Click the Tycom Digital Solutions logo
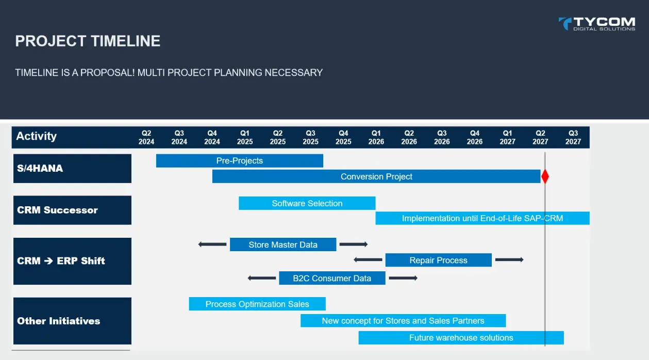click(597, 24)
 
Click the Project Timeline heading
click(88, 41)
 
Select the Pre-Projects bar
click(239, 161)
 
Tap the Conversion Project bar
click(376, 176)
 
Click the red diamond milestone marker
click(545, 176)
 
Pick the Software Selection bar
click(307, 203)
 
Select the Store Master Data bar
click(282, 244)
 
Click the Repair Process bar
click(438, 260)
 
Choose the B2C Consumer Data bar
click(332, 278)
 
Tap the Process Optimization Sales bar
click(257, 304)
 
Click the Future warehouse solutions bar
click(461, 338)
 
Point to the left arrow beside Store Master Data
click(212, 244)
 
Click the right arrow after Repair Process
click(509, 260)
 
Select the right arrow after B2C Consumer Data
click(403, 278)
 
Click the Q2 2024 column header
click(146, 137)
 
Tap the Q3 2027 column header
click(573, 137)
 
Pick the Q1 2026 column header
click(376, 137)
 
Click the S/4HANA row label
click(72, 168)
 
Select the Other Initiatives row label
click(72, 321)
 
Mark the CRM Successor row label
click(72, 210)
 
